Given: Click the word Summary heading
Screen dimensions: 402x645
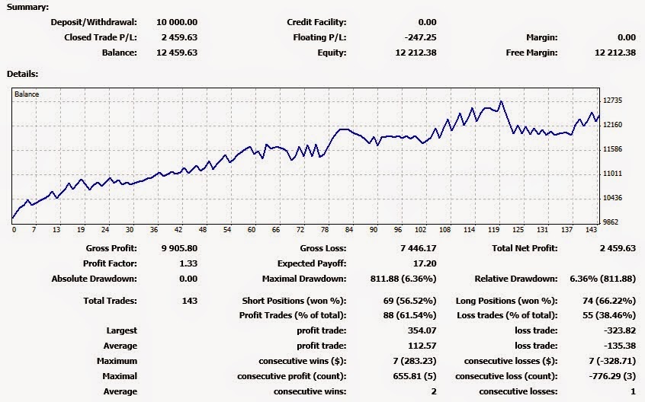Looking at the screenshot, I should point(27,7).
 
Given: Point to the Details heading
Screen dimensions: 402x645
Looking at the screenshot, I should point(22,74).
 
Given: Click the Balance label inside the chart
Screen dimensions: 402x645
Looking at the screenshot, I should point(27,94).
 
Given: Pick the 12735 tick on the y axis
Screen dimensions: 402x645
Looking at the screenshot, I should point(613,100).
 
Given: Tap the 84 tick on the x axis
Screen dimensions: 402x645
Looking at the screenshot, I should point(349,230).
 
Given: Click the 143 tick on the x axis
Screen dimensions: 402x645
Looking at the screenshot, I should point(591,230).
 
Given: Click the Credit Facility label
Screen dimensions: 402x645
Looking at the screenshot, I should point(316,22).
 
